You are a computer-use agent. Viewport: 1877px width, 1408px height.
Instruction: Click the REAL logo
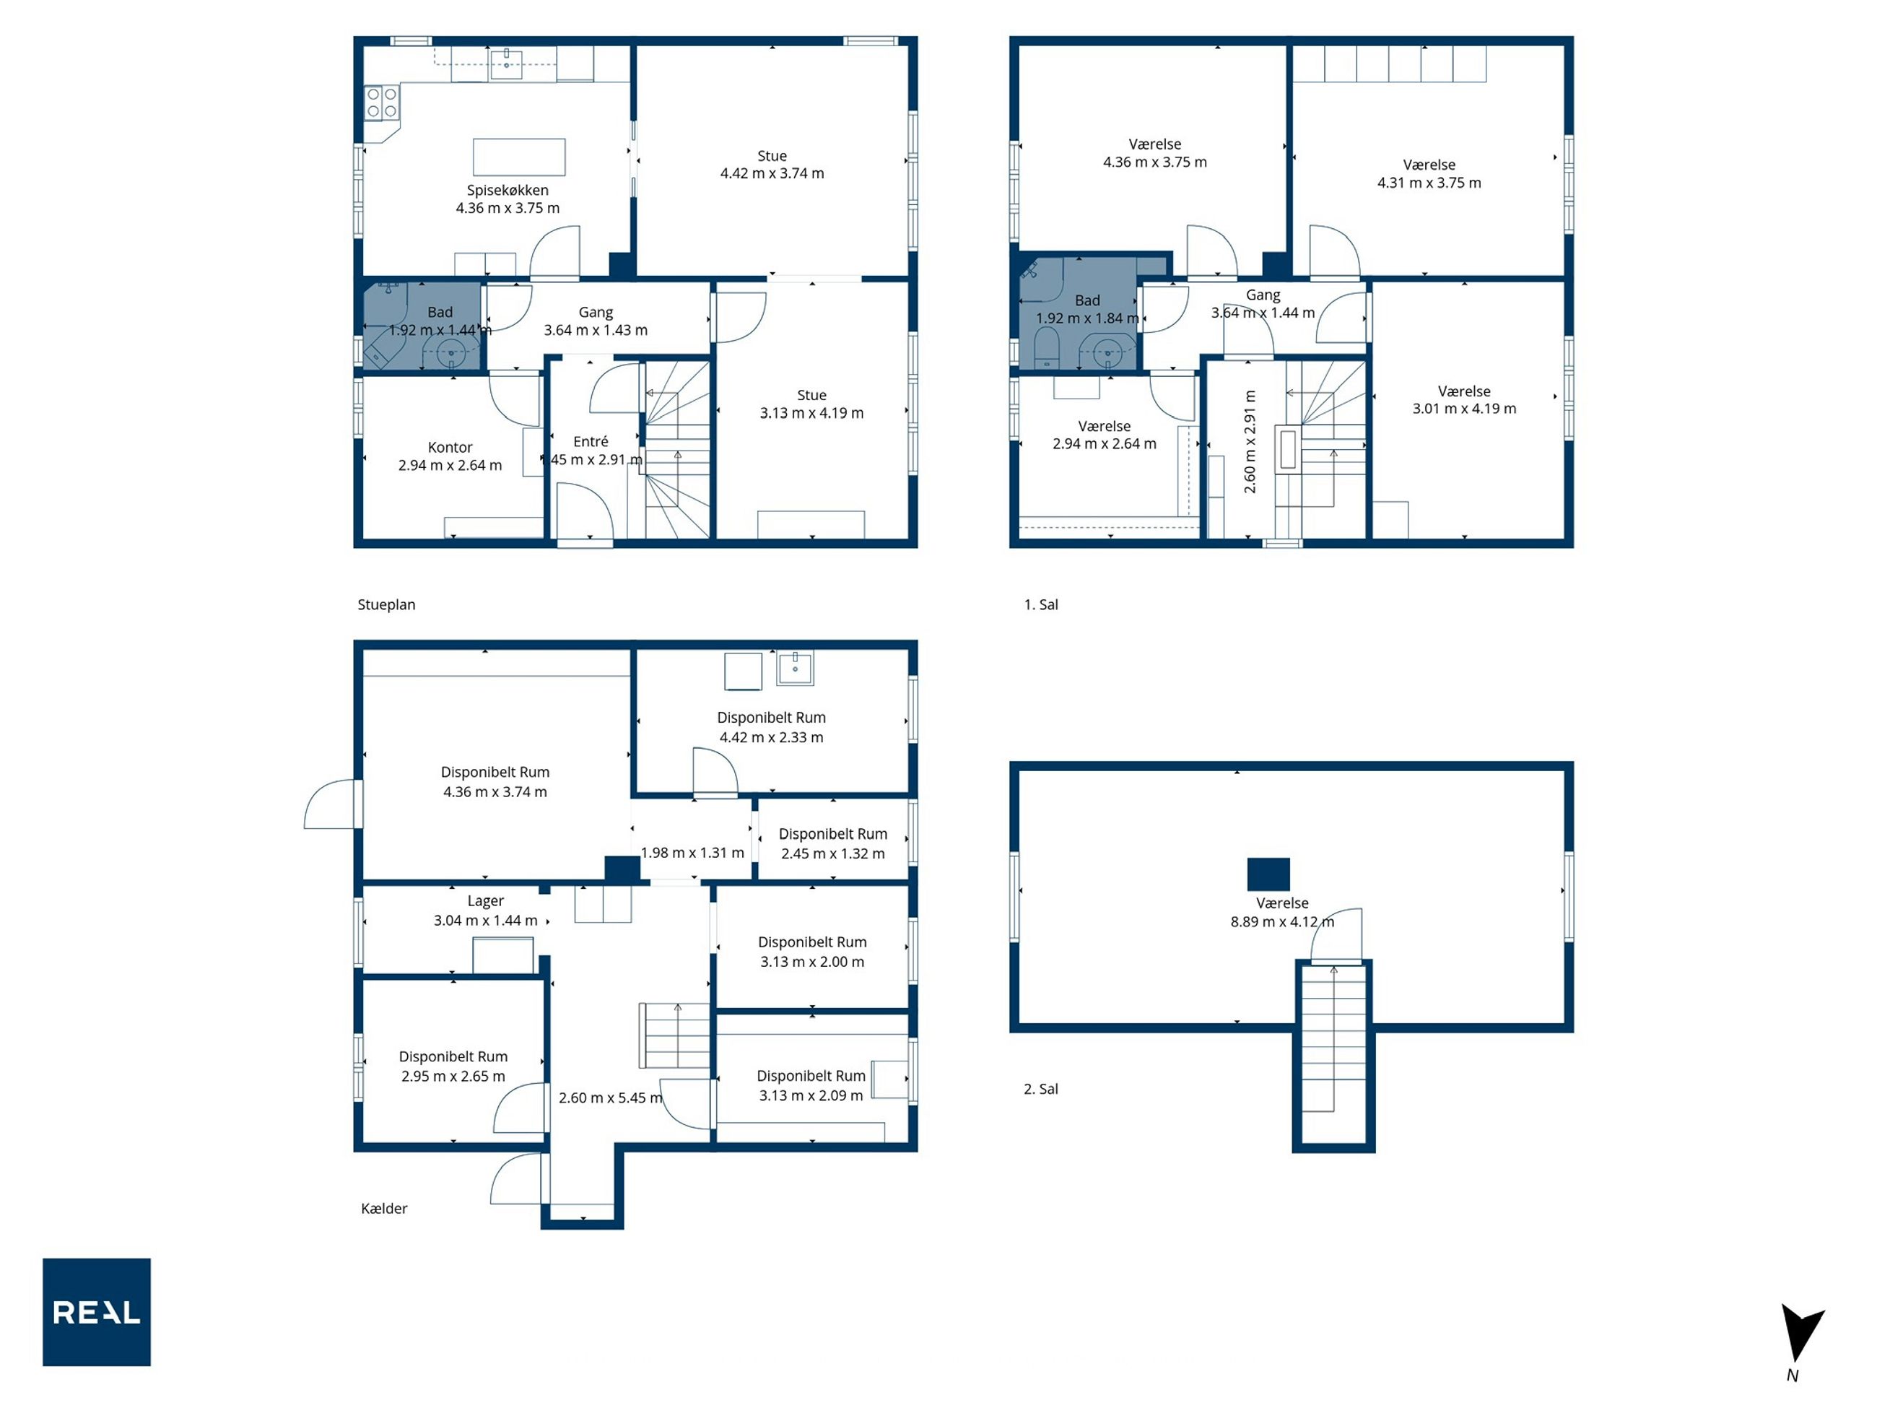(x=97, y=1311)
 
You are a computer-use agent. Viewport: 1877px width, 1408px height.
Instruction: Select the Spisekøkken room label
(x=508, y=190)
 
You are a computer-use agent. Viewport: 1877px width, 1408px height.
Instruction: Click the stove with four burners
(x=382, y=103)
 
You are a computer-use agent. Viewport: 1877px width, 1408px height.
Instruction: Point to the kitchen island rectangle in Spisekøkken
(x=519, y=156)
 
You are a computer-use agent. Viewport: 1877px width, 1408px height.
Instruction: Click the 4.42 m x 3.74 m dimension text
(x=772, y=173)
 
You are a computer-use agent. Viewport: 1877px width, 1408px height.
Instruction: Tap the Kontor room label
(x=450, y=447)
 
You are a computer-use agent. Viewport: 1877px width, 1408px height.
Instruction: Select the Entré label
(x=591, y=441)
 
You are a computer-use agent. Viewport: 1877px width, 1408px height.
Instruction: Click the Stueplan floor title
(x=386, y=604)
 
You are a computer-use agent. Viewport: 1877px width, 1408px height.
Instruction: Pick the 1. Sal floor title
(x=1041, y=604)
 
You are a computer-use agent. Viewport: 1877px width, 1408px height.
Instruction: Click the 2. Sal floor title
(x=1041, y=1089)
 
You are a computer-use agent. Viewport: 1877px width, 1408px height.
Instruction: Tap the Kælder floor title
(x=384, y=1208)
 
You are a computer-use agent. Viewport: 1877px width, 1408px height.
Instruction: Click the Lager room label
(x=485, y=900)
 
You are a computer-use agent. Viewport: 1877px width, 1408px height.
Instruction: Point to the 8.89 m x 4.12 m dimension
(x=1282, y=921)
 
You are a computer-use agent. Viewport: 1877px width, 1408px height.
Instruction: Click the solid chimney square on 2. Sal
(x=1268, y=874)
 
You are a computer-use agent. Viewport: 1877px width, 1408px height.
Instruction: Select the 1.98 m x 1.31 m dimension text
(x=692, y=853)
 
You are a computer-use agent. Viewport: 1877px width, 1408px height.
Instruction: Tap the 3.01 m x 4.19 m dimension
(x=1465, y=408)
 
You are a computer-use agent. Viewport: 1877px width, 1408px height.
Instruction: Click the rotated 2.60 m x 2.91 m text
(x=1250, y=441)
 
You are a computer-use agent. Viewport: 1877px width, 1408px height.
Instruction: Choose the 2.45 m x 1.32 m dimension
(x=833, y=853)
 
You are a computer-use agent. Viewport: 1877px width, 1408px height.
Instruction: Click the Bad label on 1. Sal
(x=1087, y=300)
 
